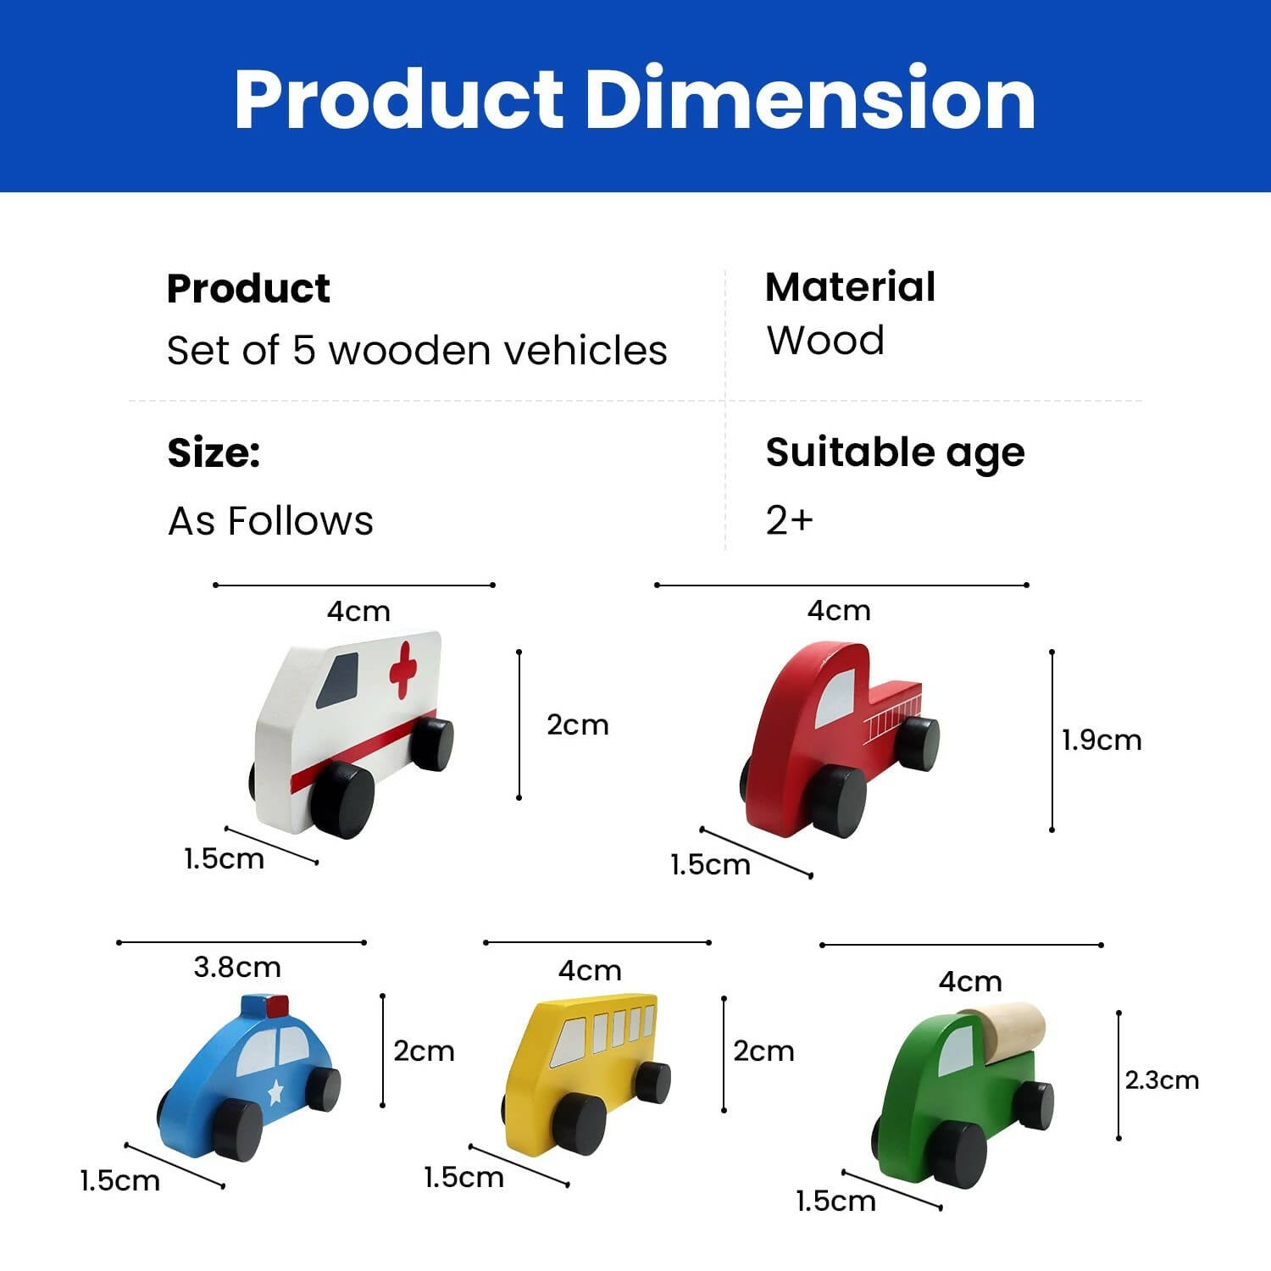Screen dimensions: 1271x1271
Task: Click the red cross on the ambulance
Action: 403,669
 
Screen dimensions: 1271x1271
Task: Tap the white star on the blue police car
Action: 275,1092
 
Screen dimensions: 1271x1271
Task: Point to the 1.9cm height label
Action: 1102,741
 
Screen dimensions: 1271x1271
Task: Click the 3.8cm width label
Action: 237,967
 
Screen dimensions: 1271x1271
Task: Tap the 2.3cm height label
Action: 1162,1080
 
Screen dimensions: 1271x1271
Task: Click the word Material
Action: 850,286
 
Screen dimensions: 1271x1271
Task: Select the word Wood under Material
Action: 825,341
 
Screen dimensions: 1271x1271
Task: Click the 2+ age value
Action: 789,519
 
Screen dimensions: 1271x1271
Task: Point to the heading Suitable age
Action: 895,452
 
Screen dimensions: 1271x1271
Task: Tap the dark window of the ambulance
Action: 339,681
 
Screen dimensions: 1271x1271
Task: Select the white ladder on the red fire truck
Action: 892,717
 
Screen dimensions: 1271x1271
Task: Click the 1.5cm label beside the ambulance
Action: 224,859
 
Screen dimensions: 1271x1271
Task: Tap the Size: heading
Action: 214,452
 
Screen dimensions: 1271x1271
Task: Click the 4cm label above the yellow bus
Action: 590,970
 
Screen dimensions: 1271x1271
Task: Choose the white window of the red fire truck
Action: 835,698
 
